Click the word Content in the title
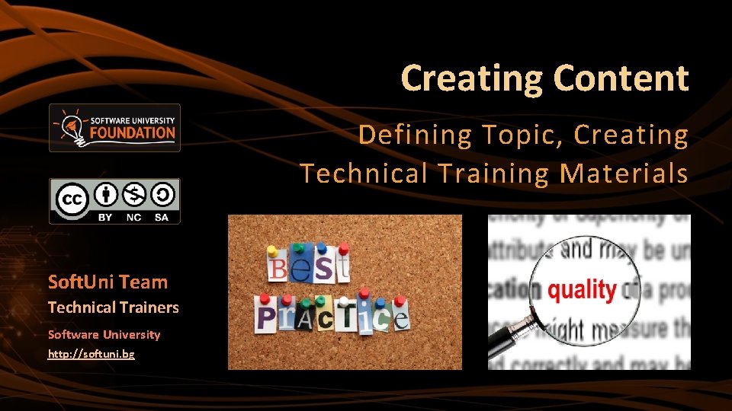[x=621, y=78]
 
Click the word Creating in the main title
[x=473, y=78]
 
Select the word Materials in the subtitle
[x=624, y=174]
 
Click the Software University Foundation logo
[x=114, y=128]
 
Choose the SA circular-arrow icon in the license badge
[x=162, y=196]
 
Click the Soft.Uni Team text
[x=108, y=282]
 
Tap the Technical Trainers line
[x=113, y=308]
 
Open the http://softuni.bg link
[x=91, y=355]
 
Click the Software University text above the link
[x=104, y=335]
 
